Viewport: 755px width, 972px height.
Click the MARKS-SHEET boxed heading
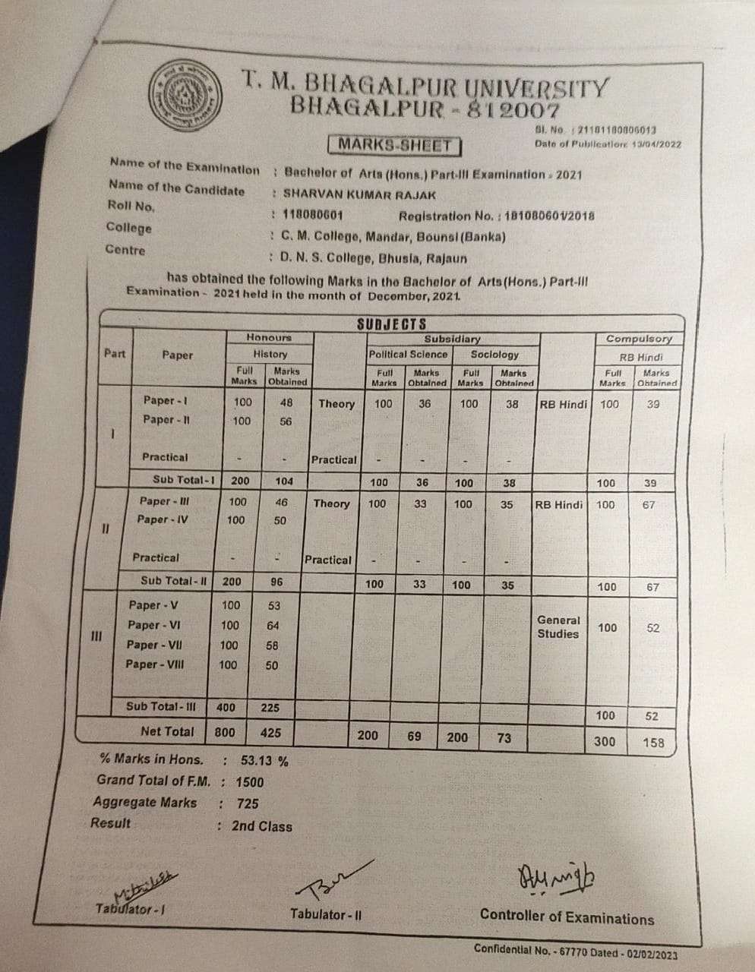(395, 144)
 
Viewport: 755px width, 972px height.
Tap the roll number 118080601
(313, 215)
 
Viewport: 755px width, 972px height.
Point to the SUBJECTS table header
(391, 324)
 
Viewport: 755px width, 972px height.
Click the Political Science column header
(408, 354)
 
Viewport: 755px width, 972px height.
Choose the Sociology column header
(494, 354)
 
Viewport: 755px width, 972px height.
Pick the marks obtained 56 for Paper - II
(285, 421)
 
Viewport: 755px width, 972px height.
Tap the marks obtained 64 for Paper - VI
(273, 626)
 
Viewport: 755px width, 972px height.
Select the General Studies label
(558, 627)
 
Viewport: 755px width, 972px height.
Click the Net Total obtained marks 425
(270, 733)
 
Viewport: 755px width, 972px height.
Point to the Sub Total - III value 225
(270, 708)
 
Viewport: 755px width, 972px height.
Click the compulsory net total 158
(653, 742)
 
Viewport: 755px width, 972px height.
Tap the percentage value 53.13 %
(264, 760)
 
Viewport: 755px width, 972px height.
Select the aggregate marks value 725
(248, 803)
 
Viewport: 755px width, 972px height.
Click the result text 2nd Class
(262, 826)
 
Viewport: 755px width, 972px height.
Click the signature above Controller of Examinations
(558, 881)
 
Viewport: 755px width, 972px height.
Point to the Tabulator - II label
(326, 914)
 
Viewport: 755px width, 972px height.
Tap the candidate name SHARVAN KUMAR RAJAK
(359, 194)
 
